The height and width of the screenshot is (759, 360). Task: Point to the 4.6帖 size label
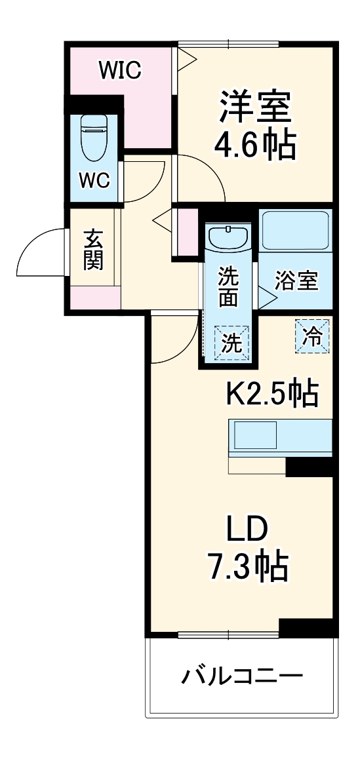pos(254,146)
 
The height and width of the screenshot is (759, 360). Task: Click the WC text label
pos(94,181)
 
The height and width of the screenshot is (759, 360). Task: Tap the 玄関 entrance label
pos(93,250)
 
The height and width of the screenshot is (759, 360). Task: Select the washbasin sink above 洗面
pos(228,237)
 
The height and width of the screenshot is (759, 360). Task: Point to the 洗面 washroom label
pos(229,286)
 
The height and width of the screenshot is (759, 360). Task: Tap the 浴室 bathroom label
pos(296,281)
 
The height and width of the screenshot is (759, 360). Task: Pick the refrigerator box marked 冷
pos(312,336)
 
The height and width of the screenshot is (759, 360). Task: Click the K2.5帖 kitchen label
pos(272,393)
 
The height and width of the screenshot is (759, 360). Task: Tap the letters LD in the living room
pos(248,528)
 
